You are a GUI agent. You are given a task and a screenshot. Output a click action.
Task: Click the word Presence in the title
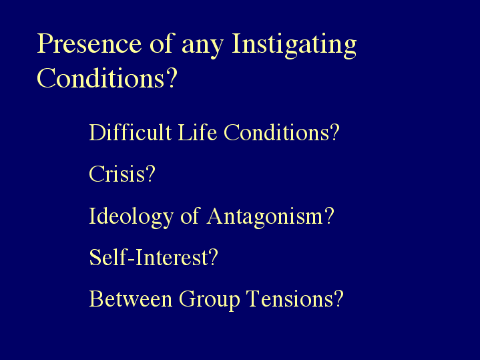[x=89, y=43]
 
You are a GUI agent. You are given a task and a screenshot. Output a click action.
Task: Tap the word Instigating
[x=294, y=45]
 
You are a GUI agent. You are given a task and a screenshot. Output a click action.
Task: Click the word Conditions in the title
[x=100, y=78]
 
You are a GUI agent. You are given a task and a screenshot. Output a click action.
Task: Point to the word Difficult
[x=130, y=132]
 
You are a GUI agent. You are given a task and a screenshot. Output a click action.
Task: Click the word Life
[x=198, y=132]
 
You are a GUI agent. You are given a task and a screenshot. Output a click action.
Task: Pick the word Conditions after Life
[x=276, y=132]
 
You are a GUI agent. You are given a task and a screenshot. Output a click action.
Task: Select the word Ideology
[x=132, y=217]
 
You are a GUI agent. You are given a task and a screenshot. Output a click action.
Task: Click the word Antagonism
[x=265, y=217]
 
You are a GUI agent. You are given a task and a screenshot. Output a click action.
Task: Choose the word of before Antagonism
[x=190, y=216]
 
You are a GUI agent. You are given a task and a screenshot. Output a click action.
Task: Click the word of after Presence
[x=162, y=43]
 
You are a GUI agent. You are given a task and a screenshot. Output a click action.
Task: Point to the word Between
[x=131, y=299]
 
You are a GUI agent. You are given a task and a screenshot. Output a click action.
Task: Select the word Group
[x=210, y=301]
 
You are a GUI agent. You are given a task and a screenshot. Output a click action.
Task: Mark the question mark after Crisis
[x=150, y=174]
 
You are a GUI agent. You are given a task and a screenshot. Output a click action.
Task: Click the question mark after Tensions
[x=338, y=298]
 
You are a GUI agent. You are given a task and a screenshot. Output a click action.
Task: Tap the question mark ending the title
[x=172, y=77]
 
